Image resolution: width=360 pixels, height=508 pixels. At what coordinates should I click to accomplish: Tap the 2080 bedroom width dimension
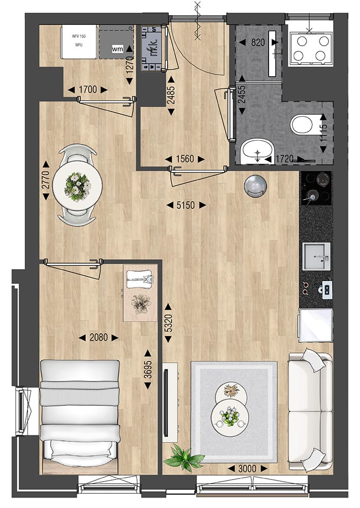click(x=99, y=337)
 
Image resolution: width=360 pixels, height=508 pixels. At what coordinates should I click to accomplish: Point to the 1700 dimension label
click(x=87, y=90)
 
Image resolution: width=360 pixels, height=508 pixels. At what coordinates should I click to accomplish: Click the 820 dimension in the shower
click(x=257, y=43)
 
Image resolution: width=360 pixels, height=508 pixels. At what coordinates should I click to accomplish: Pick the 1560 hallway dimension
click(x=185, y=159)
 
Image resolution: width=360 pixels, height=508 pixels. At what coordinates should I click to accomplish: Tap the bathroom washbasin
click(x=257, y=151)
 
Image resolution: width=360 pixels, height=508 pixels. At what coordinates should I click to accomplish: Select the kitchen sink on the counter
click(x=316, y=256)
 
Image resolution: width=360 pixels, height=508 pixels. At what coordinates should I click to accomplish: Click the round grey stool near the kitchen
click(x=254, y=185)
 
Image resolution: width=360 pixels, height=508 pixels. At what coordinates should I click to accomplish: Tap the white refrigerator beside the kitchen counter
click(x=315, y=325)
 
